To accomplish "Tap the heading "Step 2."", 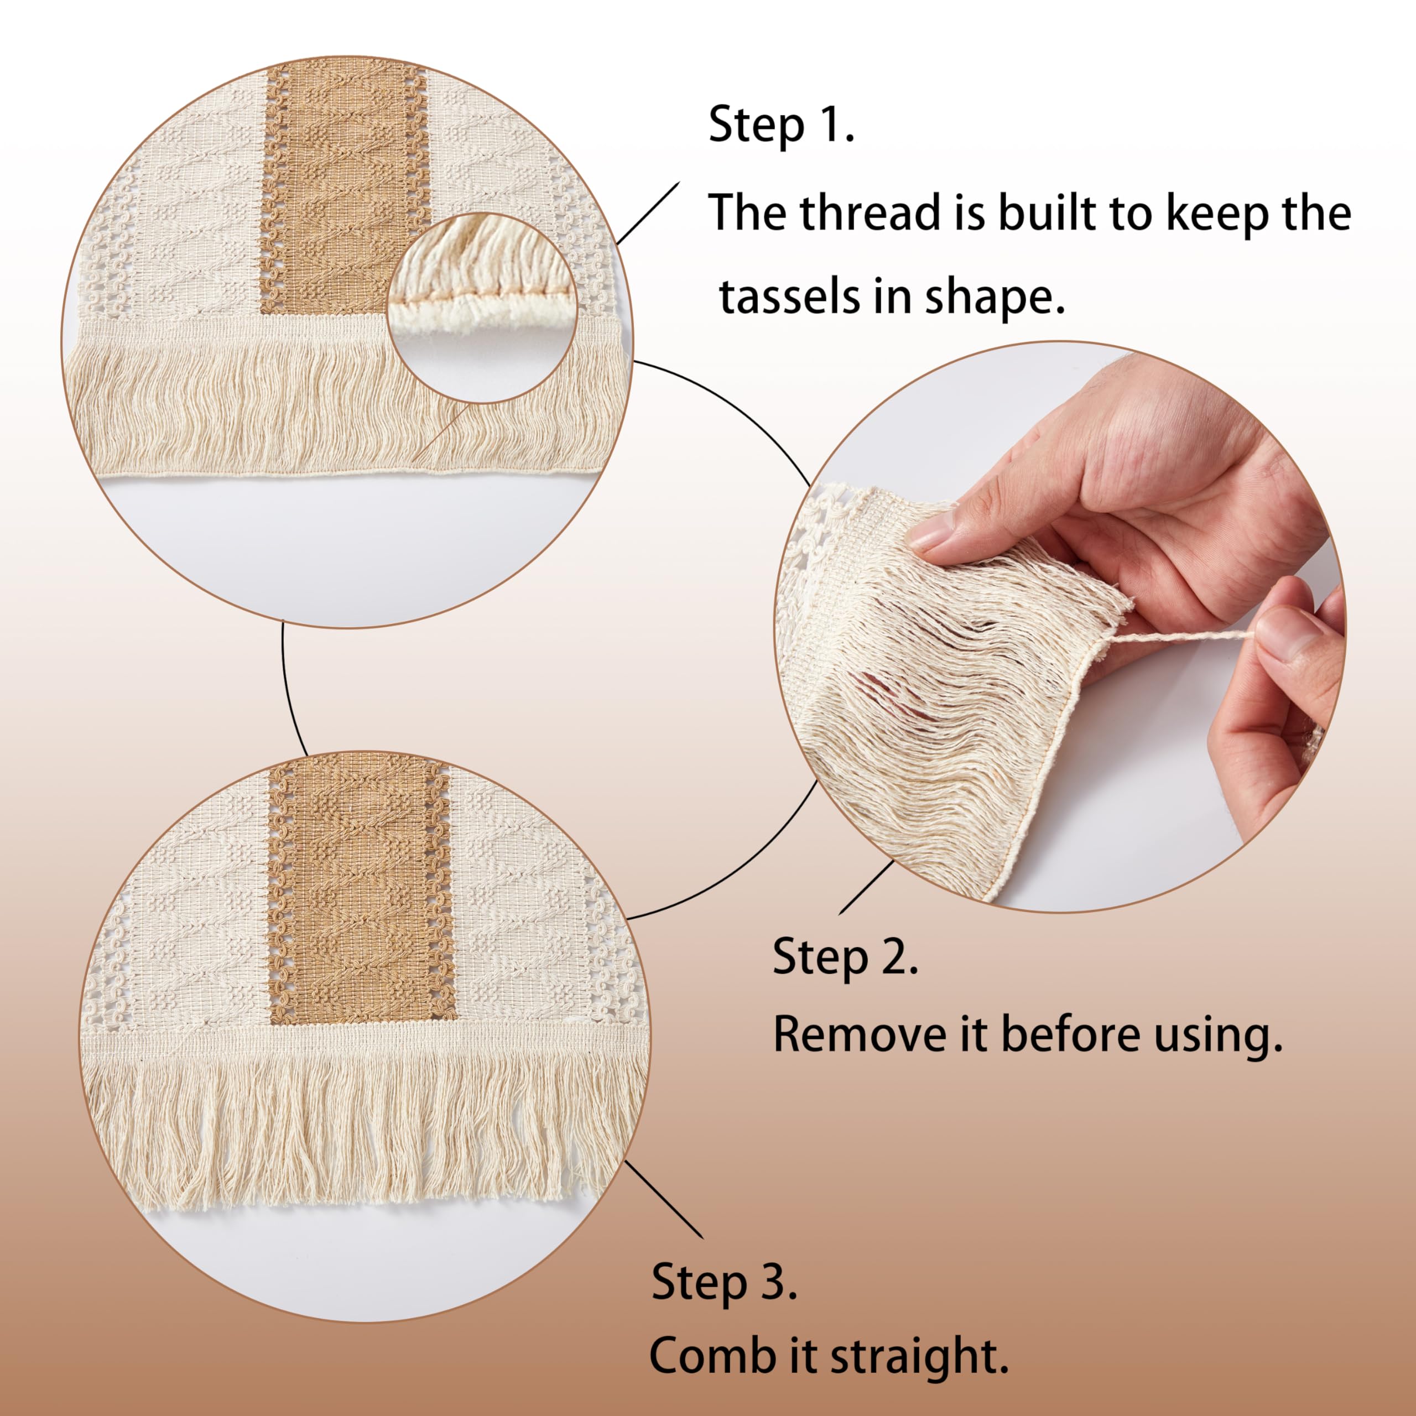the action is (846, 957).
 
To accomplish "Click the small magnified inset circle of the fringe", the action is (482, 309).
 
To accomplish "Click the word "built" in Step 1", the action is (1051, 212).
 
